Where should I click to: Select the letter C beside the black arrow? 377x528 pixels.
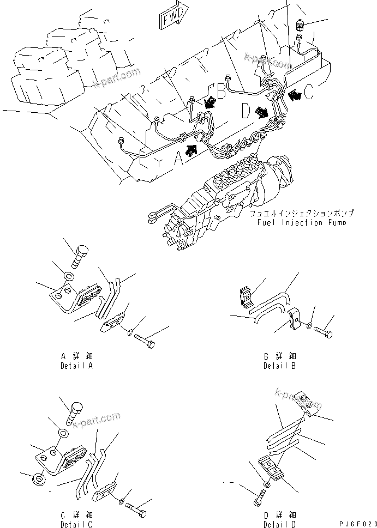(309, 93)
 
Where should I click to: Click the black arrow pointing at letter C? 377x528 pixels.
(295, 95)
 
